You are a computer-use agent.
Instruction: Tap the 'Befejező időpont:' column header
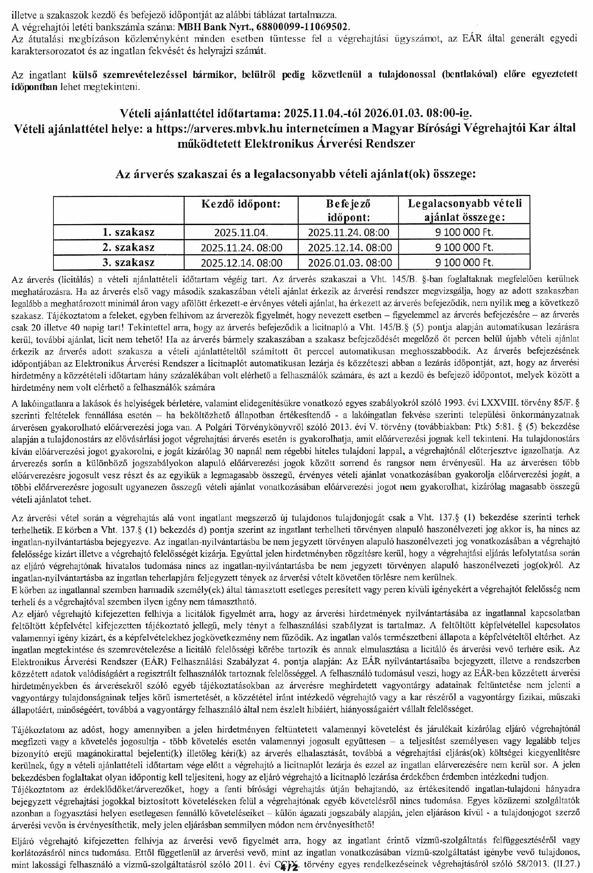pyautogui.click(x=349, y=210)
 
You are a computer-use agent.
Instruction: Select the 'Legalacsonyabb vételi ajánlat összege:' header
pyautogui.click(x=465, y=210)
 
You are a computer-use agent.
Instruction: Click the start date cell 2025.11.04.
pyautogui.click(x=241, y=233)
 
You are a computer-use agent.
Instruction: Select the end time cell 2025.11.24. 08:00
pyautogui.click(x=349, y=233)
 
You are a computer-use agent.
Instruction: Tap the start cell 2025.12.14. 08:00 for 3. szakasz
pyautogui.click(x=241, y=263)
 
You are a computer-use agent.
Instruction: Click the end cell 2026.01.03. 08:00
pyautogui.click(x=349, y=263)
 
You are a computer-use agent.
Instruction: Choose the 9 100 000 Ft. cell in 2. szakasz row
pyautogui.click(x=465, y=247)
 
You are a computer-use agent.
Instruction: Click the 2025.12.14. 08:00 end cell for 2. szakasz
pyautogui.click(x=349, y=247)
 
